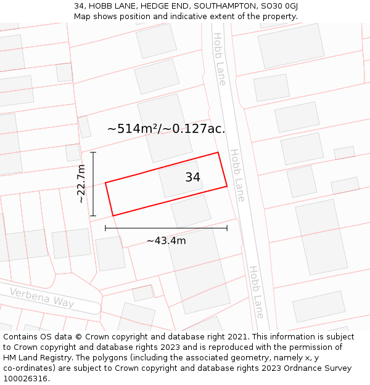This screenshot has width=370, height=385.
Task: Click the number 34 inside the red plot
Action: [192, 177]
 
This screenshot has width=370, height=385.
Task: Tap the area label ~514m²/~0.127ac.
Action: [166, 129]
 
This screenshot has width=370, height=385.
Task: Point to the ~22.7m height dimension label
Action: [81, 184]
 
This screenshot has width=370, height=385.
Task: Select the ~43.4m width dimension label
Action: [166, 240]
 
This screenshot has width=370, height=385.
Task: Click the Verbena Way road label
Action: [41, 298]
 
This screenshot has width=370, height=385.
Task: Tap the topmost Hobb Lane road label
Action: [220, 59]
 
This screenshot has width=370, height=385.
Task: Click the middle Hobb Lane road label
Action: [237, 175]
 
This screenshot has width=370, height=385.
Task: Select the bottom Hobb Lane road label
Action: [256, 292]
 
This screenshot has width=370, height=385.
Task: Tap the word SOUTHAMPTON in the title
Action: [220, 6]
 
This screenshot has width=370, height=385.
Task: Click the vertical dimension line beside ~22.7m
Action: [93, 184]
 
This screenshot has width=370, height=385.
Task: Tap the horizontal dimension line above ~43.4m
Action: [166, 228]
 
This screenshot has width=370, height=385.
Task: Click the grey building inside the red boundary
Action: [181, 179]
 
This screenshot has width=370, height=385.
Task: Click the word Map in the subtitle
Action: [83, 16]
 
